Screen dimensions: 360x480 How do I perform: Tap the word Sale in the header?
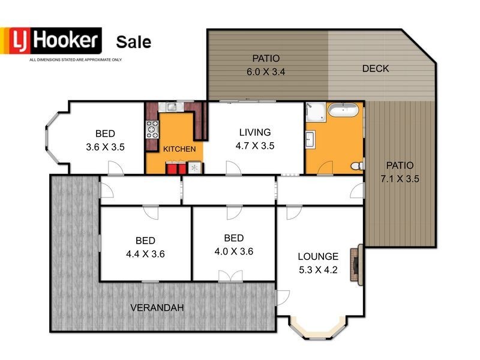[x=133, y=42]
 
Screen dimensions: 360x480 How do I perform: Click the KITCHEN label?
[x=179, y=149]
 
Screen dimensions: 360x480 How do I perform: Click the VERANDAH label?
[x=157, y=308]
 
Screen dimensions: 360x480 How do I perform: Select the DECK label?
[x=376, y=68]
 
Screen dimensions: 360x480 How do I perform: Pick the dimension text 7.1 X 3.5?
[x=400, y=178]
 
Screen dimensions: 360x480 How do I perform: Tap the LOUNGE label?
[x=318, y=256]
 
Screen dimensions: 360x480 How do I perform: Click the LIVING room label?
[x=255, y=132]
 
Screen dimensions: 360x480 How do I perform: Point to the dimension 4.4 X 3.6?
[x=145, y=254]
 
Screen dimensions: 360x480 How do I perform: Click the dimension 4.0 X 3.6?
[x=233, y=251]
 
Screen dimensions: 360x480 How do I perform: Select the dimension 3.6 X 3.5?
[x=105, y=146]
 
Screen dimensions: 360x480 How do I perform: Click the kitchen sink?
[x=171, y=107]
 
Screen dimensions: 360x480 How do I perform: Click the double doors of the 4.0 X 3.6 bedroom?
[x=226, y=276]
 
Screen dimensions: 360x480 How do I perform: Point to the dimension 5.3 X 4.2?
[x=318, y=270]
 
